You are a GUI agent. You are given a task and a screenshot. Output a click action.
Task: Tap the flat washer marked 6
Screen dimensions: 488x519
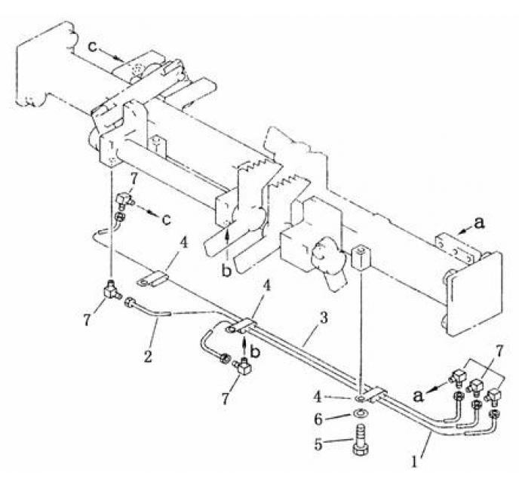point(360,413)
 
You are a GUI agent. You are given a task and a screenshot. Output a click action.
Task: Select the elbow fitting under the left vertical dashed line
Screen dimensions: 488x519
point(110,287)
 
